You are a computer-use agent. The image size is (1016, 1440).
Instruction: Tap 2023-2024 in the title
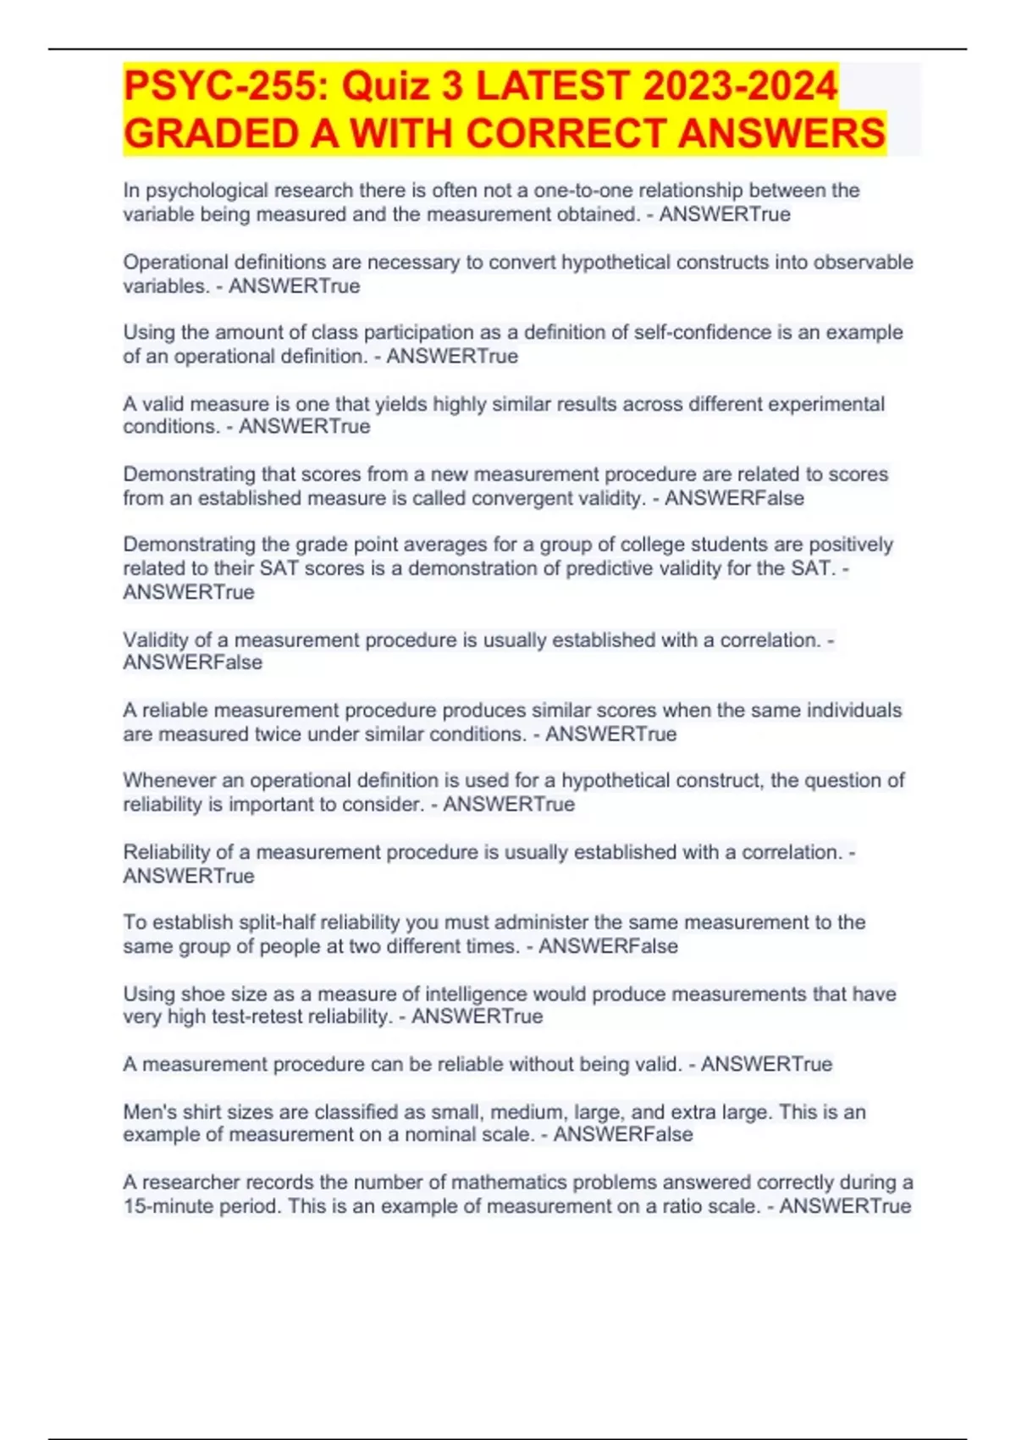pos(740,86)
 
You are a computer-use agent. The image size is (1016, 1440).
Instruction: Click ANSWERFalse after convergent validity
pos(734,498)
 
